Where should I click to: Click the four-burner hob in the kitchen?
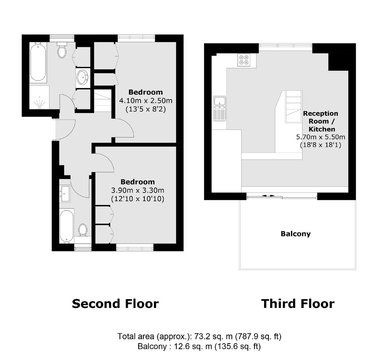244,60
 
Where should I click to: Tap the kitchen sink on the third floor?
219,109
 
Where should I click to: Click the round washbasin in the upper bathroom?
83,77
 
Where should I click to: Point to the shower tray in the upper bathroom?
39,97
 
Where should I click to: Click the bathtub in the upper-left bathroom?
38,63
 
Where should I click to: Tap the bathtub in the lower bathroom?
67,226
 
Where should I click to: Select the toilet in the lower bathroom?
83,230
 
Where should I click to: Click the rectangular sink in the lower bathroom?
65,193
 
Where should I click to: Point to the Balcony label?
296,234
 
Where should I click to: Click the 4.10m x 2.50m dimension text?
146,100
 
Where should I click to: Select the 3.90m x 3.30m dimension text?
137,190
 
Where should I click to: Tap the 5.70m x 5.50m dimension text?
321,137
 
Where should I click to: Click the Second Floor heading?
115,303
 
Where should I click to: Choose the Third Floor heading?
298,303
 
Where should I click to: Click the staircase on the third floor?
294,107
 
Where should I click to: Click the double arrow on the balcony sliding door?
268,195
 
